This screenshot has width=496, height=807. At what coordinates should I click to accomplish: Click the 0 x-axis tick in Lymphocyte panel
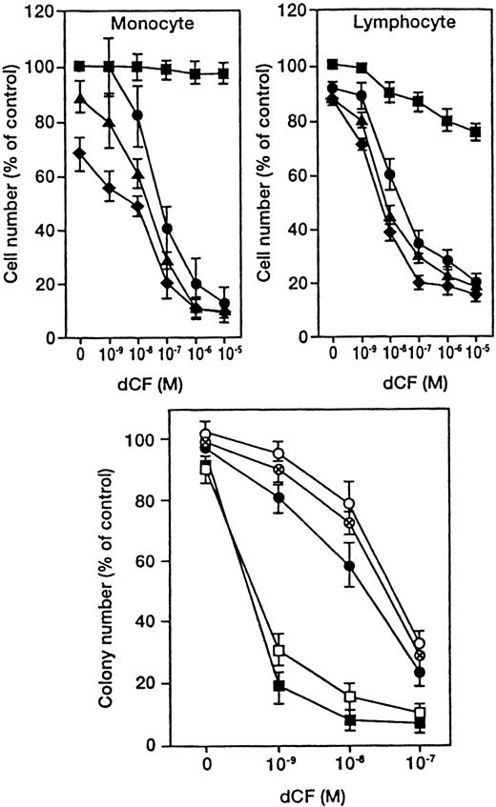pos(332,356)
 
